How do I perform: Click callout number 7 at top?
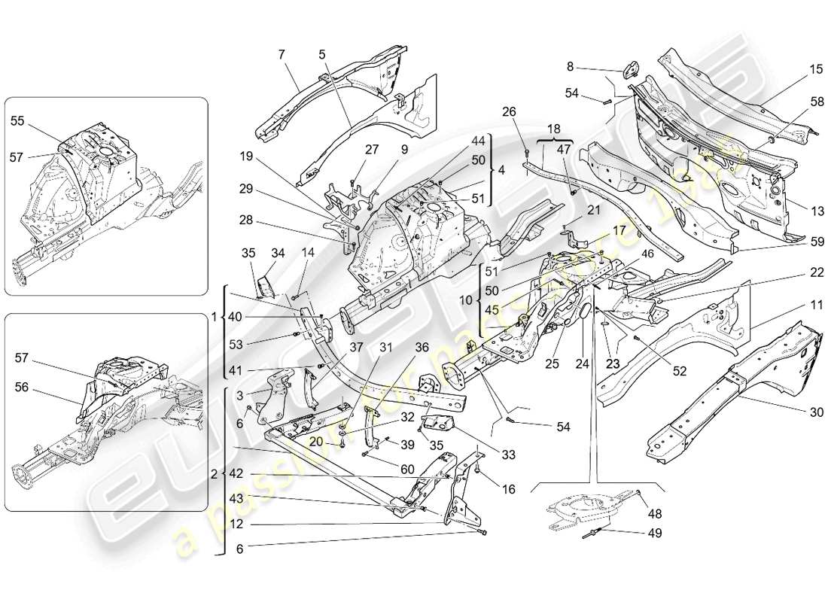[281, 55]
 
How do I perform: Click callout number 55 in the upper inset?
[17, 120]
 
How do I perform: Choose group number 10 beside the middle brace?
[467, 299]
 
